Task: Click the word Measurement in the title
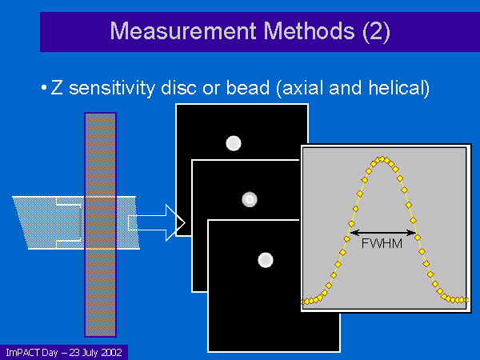pyautogui.click(x=183, y=31)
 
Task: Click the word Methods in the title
pyautogui.click(x=309, y=31)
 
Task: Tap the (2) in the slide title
pyautogui.click(x=376, y=32)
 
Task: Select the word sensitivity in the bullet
pyautogui.click(x=112, y=89)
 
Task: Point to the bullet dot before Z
pyautogui.click(x=44, y=88)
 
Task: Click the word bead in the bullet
pyautogui.click(x=248, y=88)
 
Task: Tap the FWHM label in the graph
pyautogui.click(x=382, y=244)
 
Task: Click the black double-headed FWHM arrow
pyautogui.click(x=382, y=233)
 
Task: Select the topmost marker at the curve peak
pyautogui.click(x=382, y=159)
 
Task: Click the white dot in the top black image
pyautogui.click(x=234, y=143)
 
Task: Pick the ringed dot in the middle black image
pyautogui.click(x=250, y=199)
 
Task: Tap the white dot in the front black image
pyautogui.click(x=266, y=260)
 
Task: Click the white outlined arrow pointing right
pyautogui.click(x=156, y=222)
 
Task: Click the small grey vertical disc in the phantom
pyautogui.click(x=80, y=222)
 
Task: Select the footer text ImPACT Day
pyautogui.click(x=32, y=353)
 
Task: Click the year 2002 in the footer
pyautogui.click(x=112, y=353)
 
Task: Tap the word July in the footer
pyautogui.click(x=91, y=353)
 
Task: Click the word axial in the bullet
pyautogui.click(x=302, y=88)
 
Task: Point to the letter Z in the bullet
pyautogui.click(x=57, y=88)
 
